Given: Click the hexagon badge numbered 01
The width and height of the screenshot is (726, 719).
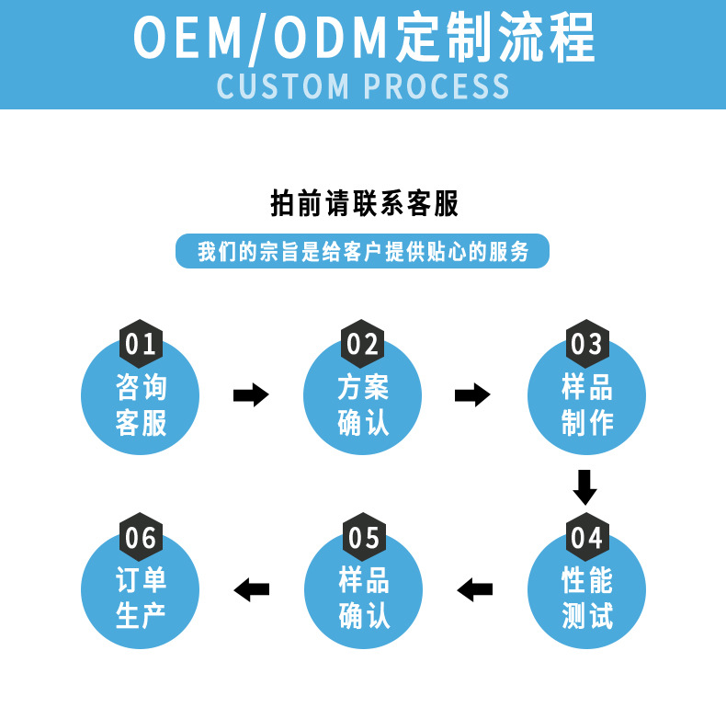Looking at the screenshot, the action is (141, 344).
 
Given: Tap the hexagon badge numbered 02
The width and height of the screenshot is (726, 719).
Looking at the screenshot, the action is (363, 344).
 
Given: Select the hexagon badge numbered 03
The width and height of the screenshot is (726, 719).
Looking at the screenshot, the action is (586, 344).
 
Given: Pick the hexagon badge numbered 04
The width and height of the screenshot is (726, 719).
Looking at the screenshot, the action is (586, 537).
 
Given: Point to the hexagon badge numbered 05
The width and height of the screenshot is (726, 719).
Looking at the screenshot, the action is (363, 537).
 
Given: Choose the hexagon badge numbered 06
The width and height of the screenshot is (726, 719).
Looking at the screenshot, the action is (141, 537).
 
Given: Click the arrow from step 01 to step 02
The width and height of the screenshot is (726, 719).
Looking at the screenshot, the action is (251, 395).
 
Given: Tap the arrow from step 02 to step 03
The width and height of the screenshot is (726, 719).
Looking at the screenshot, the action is (473, 395).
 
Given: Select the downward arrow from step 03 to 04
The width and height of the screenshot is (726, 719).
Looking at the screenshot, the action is (585, 486).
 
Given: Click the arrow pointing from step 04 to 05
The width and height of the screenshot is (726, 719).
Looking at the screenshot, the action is (475, 588).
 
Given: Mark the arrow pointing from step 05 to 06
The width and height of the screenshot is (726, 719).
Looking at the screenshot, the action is (252, 588).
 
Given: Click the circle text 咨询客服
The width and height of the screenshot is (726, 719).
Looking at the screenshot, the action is (141, 405).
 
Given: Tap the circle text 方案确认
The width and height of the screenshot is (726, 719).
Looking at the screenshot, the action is (363, 405).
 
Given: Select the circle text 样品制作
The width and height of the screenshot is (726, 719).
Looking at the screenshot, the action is (586, 405).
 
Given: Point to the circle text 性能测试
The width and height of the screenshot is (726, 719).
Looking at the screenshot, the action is (586, 598).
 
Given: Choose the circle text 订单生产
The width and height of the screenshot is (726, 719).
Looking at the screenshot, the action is (141, 598).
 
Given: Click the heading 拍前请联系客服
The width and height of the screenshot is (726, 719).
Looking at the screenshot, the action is (364, 203).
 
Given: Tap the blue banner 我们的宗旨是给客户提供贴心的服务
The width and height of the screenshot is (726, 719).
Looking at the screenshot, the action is (362, 251).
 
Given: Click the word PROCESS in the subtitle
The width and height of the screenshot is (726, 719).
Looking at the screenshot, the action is (437, 86).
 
